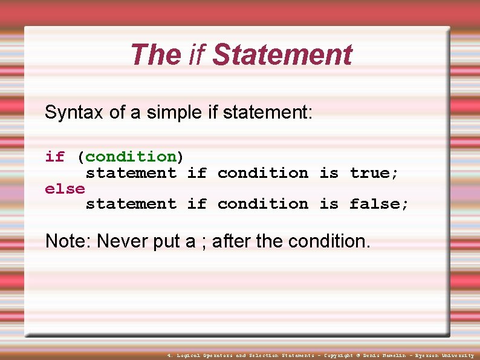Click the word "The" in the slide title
click(155, 54)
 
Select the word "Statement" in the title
click(282, 54)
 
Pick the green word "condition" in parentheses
click(131, 157)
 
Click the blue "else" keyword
click(65, 189)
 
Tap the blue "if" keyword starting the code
click(54, 157)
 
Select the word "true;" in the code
click(374, 173)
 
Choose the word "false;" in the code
click(379, 204)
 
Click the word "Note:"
click(68, 241)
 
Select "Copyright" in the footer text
click(339, 356)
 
